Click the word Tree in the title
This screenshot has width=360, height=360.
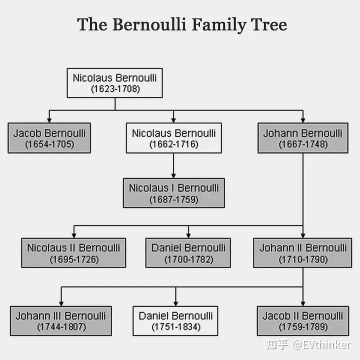[268, 24]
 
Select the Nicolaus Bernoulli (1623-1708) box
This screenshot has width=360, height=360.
[115, 83]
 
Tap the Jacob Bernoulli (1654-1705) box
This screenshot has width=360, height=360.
[49, 138]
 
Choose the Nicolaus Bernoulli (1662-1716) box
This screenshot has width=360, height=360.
[174, 138]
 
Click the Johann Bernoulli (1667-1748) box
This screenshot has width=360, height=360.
[303, 138]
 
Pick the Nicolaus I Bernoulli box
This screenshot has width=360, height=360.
[174, 193]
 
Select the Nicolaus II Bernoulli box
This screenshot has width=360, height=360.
[73, 253]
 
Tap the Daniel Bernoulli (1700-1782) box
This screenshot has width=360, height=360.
[188, 253]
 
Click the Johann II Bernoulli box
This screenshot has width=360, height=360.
[302, 253]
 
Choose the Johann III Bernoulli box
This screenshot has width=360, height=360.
[61, 321]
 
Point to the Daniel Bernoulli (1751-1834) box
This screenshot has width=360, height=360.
[175, 321]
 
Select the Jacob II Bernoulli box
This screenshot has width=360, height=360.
[303, 321]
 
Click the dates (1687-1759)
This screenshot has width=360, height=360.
[174, 199]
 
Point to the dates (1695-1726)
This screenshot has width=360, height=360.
[74, 259]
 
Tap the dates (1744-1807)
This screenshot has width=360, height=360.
[61, 326]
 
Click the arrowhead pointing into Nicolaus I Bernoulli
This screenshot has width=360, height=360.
[173, 175]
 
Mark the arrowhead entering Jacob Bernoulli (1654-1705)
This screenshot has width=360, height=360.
[49, 120]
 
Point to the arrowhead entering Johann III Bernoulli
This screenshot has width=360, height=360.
[61, 303]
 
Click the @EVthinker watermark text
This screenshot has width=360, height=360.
[321, 345]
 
